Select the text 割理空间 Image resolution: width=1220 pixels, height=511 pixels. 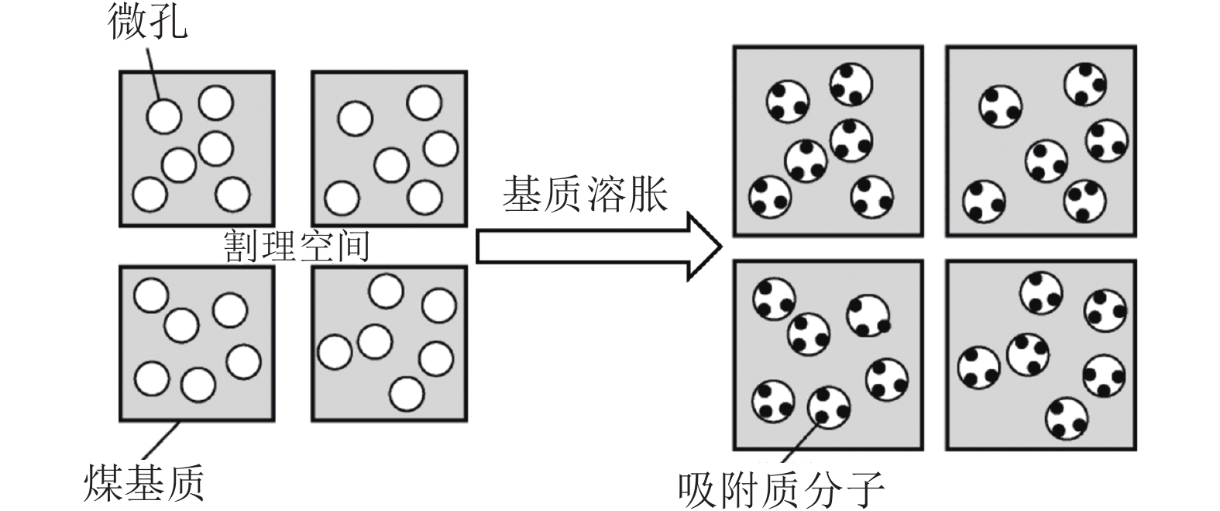(x=297, y=246)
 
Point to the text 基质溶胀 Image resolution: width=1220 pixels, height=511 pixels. (x=585, y=194)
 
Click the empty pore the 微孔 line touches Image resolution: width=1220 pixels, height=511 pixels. (x=164, y=116)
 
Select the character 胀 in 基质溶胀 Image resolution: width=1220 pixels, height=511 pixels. (x=647, y=194)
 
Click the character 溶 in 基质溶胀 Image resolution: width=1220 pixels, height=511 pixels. (x=606, y=194)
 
